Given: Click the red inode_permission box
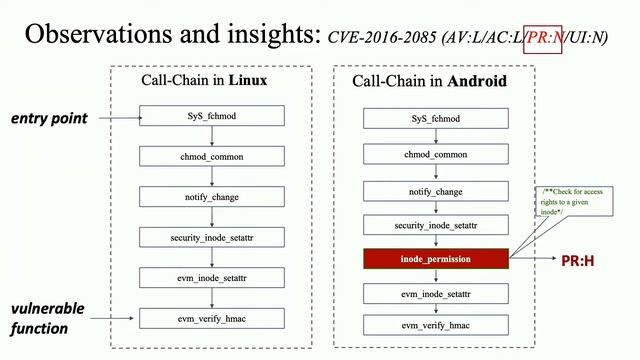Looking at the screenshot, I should (x=436, y=259).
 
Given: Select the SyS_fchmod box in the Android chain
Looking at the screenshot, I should (x=436, y=120).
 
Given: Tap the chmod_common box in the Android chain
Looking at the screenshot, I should (x=436, y=155).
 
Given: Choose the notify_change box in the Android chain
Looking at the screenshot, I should (x=436, y=190).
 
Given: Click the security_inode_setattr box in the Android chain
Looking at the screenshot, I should (x=436, y=225).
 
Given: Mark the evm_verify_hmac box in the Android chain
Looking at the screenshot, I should (x=436, y=325).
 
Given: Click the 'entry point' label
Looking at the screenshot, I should (x=50, y=118).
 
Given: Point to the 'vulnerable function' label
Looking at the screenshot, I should (x=48, y=317).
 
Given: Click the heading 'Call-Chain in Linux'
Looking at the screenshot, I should (x=212, y=79).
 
